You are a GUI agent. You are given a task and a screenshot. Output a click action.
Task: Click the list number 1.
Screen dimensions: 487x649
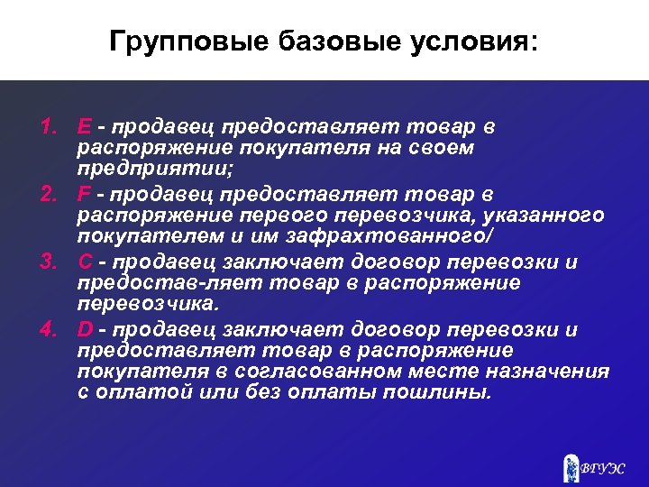pyautogui.click(x=49, y=127)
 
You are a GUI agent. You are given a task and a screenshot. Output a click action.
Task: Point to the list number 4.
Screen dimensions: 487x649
pyautogui.click(x=49, y=330)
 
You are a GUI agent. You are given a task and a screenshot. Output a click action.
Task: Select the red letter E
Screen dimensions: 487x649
pyautogui.click(x=84, y=127)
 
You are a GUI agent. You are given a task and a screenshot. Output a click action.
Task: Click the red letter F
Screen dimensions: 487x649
pyautogui.click(x=84, y=195)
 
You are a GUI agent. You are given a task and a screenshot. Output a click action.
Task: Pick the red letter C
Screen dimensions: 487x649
pyautogui.click(x=85, y=262)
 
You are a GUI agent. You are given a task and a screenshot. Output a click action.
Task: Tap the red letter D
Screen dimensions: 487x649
pyautogui.click(x=85, y=330)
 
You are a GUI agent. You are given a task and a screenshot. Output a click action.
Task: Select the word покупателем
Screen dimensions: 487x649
pyautogui.click(x=142, y=236)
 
